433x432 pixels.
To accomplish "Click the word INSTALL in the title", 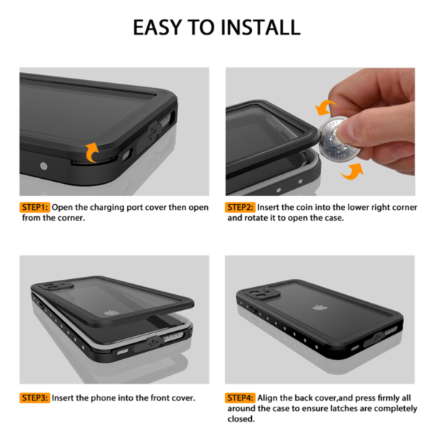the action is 261,27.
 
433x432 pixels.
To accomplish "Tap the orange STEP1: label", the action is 35,207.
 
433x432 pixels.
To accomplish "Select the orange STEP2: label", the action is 240,207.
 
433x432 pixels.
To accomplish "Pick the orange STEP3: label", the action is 35,398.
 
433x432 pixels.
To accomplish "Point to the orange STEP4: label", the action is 240,398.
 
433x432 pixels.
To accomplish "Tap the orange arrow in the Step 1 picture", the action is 92,152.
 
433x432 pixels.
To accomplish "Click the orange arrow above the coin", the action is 325,107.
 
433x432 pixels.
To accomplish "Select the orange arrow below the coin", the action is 353,172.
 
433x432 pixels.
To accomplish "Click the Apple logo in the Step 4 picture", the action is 320,307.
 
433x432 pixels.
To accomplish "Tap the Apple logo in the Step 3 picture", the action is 112,313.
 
